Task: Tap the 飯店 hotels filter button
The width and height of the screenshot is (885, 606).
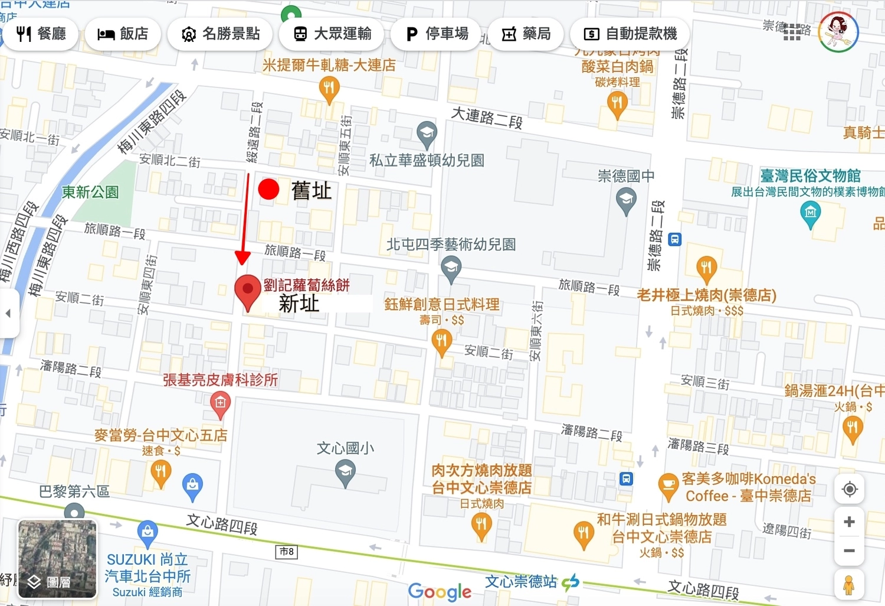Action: click(123, 34)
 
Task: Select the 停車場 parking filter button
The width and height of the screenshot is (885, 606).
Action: click(437, 34)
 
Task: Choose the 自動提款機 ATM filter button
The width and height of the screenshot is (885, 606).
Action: click(630, 34)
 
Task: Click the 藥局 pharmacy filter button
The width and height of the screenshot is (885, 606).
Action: click(526, 34)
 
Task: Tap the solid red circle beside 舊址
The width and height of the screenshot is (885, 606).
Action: click(268, 190)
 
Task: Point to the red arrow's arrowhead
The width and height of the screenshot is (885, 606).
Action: click(242, 258)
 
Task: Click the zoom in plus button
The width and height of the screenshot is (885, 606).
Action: click(849, 522)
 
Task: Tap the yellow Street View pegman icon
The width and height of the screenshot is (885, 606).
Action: click(849, 584)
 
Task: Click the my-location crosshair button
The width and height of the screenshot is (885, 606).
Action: click(849, 490)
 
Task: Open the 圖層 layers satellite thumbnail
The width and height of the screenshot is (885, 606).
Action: click(57, 559)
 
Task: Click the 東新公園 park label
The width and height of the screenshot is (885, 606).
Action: click(90, 193)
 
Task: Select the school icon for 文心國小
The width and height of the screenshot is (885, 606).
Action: click(345, 473)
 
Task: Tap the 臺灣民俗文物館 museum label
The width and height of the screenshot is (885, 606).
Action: click(809, 176)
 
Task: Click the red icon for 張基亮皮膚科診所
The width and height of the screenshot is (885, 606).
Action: click(220, 404)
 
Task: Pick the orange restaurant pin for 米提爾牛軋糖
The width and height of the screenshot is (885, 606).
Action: click(329, 89)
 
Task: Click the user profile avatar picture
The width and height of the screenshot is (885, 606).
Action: click(838, 32)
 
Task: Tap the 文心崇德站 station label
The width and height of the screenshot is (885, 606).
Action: click(520, 582)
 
